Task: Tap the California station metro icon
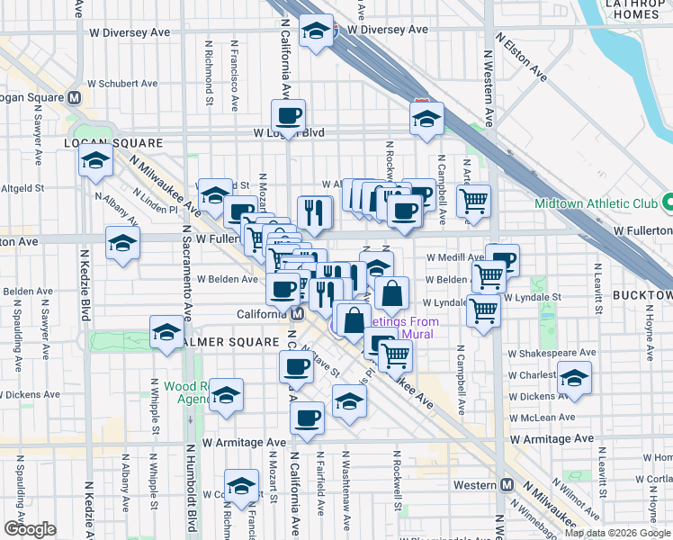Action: (296, 313)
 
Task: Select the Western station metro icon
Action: (507, 485)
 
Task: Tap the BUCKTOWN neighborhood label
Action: (642, 295)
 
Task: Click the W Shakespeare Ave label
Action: (552, 353)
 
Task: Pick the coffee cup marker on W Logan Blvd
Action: (289, 115)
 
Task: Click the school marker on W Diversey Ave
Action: (316, 32)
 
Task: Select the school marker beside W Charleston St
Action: (573, 378)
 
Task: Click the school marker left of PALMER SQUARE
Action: (166, 333)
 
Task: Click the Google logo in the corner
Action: (30, 529)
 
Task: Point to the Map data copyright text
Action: (617, 533)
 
